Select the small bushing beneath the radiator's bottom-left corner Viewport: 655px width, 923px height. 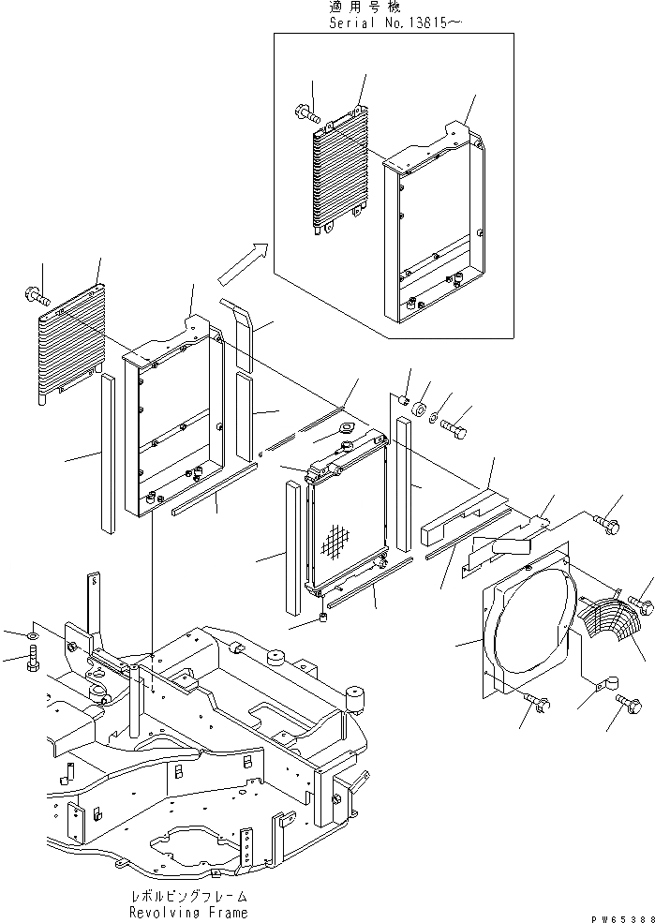point(321,619)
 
